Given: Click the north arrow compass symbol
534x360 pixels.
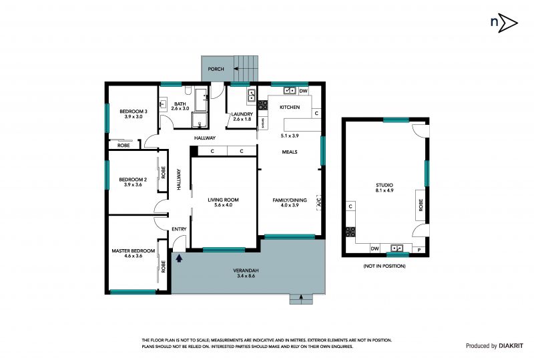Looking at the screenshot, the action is pyautogui.click(x=504, y=23).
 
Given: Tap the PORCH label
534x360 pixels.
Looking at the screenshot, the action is pyautogui.click(x=216, y=69).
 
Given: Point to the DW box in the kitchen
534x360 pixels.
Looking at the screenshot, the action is pyautogui.click(x=304, y=91).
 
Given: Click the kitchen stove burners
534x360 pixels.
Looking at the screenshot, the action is pyautogui.click(x=262, y=105).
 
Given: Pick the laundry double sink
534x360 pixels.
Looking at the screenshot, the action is pyautogui.click(x=252, y=95).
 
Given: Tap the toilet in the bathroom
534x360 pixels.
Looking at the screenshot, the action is pyautogui.click(x=188, y=90).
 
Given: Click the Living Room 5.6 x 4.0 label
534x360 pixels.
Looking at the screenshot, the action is pyautogui.click(x=223, y=202).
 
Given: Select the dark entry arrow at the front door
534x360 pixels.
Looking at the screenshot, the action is pyautogui.click(x=179, y=258).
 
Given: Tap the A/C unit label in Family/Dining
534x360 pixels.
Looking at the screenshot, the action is pyautogui.click(x=319, y=202).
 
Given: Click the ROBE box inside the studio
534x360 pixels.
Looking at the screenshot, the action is pyautogui.click(x=421, y=205).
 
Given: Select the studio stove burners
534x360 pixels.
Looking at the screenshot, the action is pyautogui.click(x=350, y=232).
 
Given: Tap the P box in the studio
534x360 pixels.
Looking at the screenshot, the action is pyautogui.click(x=419, y=250).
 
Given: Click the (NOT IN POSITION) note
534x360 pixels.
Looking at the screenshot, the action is pyautogui.click(x=384, y=266).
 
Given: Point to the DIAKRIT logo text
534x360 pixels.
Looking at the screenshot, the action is pyautogui.click(x=511, y=346).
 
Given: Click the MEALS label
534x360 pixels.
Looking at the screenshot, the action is pyautogui.click(x=290, y=152).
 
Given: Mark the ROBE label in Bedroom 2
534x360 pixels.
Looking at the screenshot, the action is pyautogui.click(x=163, y=172).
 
